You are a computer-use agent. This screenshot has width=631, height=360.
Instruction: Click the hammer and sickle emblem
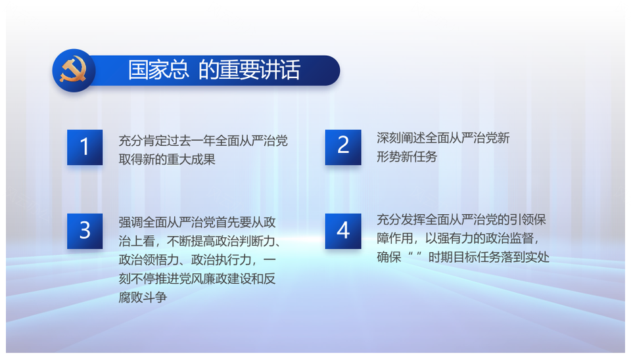73,70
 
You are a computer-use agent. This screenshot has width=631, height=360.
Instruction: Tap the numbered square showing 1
85,147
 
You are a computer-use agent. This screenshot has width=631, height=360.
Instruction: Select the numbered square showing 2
343,147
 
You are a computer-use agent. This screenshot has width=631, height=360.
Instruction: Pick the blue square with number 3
85,231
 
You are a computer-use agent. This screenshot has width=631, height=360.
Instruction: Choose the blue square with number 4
343,231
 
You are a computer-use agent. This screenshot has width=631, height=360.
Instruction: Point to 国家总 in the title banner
158,70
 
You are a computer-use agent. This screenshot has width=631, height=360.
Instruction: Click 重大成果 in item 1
191,159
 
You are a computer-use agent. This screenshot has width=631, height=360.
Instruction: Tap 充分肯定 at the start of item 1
143,141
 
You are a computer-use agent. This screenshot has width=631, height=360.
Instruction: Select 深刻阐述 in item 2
401,138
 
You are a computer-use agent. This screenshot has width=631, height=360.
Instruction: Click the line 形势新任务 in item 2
407,156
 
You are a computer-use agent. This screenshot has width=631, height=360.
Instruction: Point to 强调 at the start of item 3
131,222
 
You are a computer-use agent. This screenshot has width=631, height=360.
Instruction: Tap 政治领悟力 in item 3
149,260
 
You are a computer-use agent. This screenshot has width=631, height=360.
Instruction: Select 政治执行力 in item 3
221,260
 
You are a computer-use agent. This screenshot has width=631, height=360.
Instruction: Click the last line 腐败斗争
143,297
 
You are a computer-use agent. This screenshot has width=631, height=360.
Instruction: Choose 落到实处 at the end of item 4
525,257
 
